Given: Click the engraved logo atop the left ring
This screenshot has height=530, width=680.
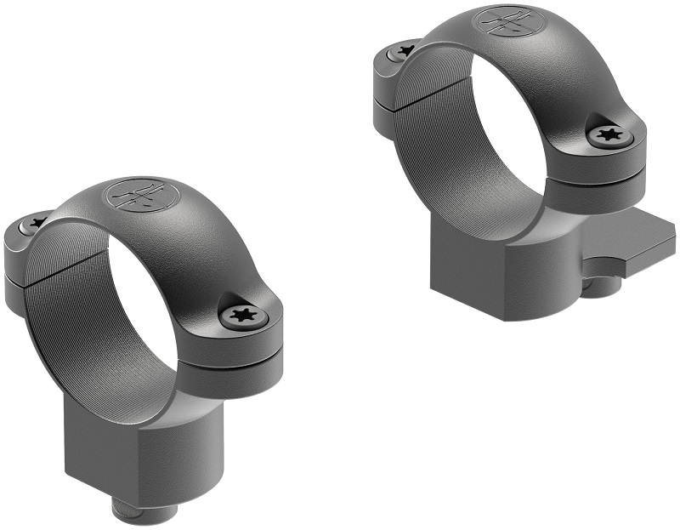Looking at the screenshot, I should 135,197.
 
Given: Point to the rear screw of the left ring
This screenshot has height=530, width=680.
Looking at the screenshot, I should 35,224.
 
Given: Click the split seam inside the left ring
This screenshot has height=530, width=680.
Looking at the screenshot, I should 47,272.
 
